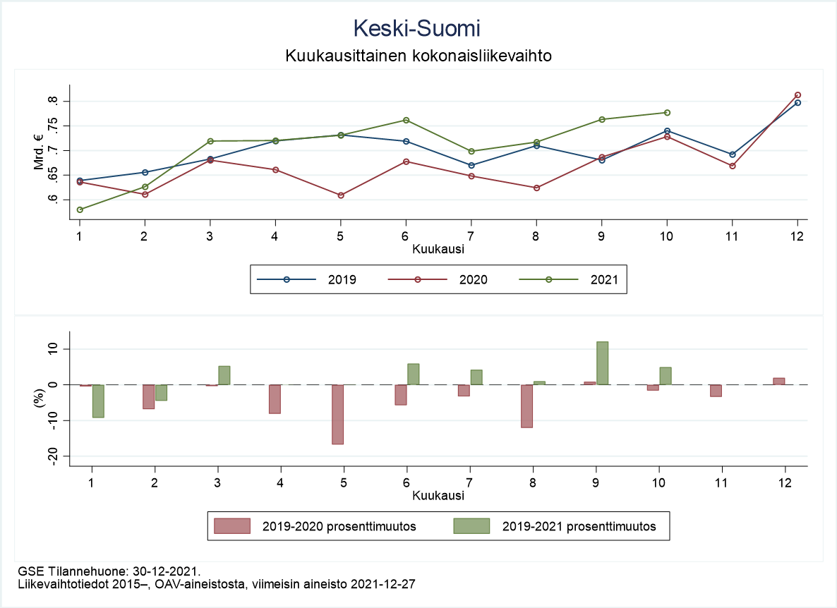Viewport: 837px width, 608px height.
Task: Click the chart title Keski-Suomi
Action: [x=417, y=28]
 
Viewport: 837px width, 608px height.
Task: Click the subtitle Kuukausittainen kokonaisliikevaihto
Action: [x=418, y=55]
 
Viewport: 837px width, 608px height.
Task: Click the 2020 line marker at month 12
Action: [x=797, y=95]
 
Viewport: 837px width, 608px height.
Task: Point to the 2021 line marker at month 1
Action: [x=80, y=209]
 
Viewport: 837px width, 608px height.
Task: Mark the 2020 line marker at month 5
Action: [x=341, y=195]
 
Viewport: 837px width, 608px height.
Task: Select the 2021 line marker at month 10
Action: [x=667, y=113]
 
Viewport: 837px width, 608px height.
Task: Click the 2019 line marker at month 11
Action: [x=733, y=154]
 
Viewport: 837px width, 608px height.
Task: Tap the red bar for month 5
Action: [x=337, y=414]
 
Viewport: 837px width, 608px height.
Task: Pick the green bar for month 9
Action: [x=602, y=363]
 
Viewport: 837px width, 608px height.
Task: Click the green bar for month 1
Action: [x=98, y=401]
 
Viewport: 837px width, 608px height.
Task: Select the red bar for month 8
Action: [x=527, y=406]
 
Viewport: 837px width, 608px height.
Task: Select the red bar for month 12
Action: [x=779, y=381]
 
